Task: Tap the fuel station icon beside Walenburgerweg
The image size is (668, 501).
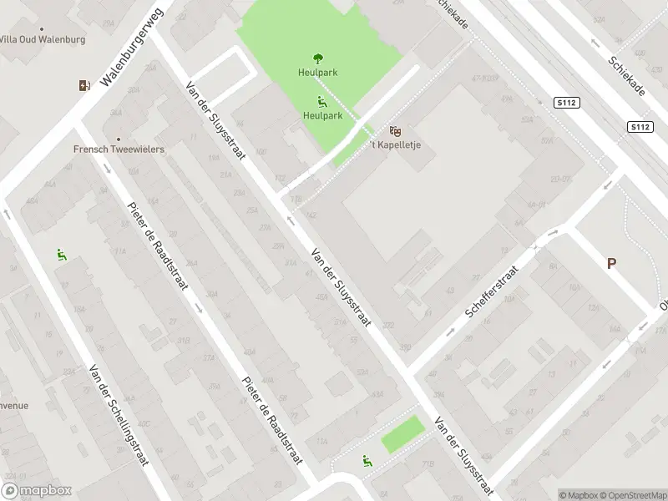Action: tap(83, 85)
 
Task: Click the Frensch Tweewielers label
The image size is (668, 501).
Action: tap(118, 149)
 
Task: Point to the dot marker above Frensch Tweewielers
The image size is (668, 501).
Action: tap(118, 139)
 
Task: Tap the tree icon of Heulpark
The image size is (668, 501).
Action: tap(317, 58)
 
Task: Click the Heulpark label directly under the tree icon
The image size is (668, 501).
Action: tap(317, 73)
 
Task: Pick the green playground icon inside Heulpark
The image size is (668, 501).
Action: tap(321, 103)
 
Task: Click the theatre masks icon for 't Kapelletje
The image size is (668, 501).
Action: tap(396, 131)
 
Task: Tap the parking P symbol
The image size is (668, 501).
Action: tap(611, 263)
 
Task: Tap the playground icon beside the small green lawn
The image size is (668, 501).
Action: tap(367, 460)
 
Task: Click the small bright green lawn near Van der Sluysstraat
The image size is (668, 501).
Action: tap(402, 434)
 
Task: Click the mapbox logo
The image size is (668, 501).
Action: tap(37, 491)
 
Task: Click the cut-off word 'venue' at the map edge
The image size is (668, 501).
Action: tap(14, 406)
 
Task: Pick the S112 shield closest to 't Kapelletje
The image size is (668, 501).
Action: tap(565, 102)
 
